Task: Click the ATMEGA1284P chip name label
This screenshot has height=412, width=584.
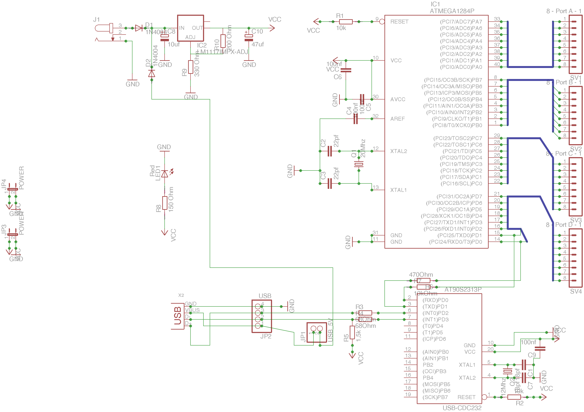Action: tap(452, 11)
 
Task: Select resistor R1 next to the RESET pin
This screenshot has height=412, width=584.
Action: tap(346, 22)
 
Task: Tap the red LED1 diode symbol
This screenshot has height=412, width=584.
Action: tap(165, 174)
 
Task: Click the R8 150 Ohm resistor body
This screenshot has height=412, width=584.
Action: tap(165, 203)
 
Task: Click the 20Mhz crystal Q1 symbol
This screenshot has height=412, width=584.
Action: tap(359, 164)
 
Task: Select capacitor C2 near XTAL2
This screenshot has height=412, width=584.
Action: tap(330, 151)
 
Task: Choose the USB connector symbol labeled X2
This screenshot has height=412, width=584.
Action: tap(178, 316)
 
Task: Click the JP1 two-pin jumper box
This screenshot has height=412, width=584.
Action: tap(317, 332)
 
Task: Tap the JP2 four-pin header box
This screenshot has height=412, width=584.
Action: tap(261, 316)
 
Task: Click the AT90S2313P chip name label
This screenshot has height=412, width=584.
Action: tap(463, 290)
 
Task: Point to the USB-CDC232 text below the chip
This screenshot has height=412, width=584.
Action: tap(462, 408)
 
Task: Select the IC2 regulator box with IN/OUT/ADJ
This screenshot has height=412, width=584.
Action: tap(190, 28)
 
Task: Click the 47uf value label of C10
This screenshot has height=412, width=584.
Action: tap(258, 44)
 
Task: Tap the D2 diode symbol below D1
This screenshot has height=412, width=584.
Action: tap(152, 74)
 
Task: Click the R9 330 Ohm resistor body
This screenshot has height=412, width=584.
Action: tap(190, 67)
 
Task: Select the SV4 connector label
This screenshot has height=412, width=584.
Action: tap(576, 291)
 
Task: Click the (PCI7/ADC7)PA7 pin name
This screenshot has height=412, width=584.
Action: tap(461, 22)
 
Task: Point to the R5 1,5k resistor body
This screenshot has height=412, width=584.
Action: tap(352, 332)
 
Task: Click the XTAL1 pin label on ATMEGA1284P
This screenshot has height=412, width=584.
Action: tap(398, 190)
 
